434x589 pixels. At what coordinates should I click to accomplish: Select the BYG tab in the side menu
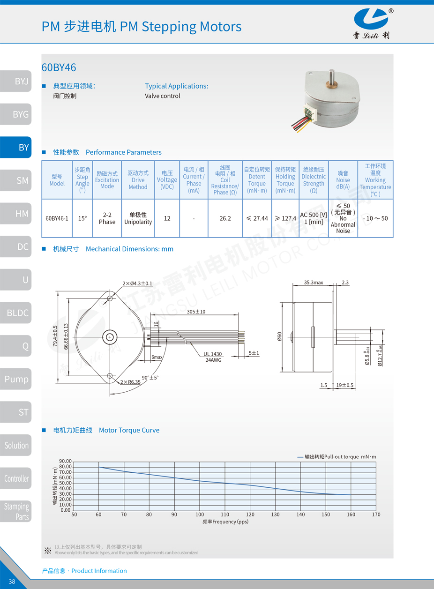click(x=16, y=114)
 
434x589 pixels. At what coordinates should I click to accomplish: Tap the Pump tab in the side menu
click(x=16, y=379)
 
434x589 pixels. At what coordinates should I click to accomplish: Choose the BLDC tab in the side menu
click(x=16, y=313)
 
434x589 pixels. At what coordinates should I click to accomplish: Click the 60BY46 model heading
click(x=59, y=67)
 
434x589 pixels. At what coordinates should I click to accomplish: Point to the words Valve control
click(x=163, y=96)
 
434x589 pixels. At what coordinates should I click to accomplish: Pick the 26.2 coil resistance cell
click(x=225, y=218)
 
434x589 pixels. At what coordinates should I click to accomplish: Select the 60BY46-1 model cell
click(x=57, y=218)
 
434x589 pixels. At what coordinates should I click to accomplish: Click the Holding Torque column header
click(x=285, y=180)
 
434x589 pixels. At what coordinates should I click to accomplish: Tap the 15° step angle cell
click(x=82, y=218)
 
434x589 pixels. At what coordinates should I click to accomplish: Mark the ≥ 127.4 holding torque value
click(x=285, y=218)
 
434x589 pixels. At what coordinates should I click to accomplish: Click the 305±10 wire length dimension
click(x=196, y=312)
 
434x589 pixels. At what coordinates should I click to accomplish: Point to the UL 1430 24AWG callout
click(x=213, y=357)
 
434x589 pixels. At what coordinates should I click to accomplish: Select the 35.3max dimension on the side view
click(x=314, y=283)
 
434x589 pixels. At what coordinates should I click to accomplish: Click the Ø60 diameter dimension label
click(x=279, y=336)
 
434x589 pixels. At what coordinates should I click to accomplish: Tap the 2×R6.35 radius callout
click(x=130, y=382)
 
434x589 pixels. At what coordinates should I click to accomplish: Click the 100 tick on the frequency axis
click(x=200, y=514)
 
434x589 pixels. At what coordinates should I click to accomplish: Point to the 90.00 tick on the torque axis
click(x=65, y=461)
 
